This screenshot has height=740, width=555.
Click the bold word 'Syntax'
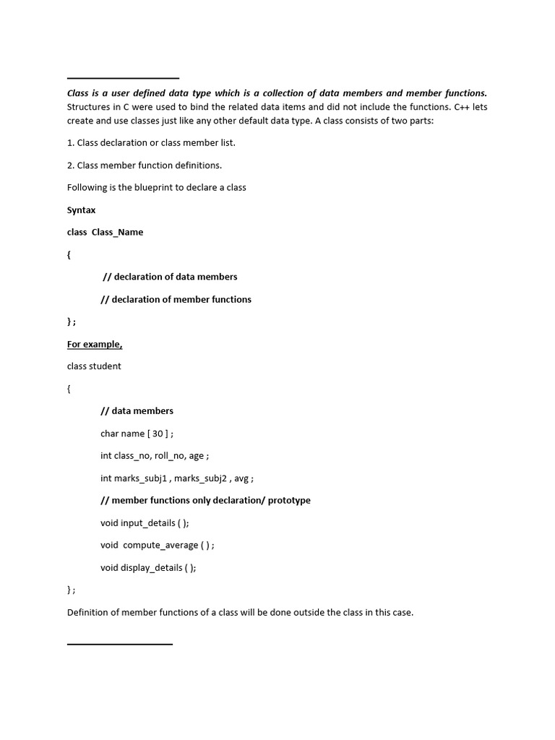pos(81,210)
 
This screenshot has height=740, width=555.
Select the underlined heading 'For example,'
pos(95,344)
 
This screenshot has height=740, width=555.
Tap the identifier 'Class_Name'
pos(117,232)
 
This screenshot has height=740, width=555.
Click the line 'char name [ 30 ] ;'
pos(137,433)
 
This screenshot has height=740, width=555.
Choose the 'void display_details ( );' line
pos(148,567)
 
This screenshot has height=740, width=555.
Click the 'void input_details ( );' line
pos(145,522)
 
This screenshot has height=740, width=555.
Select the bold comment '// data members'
pos(137,410)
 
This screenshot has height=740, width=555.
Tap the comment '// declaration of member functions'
pos(176,299)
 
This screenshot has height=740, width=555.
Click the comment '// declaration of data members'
pos(171,277)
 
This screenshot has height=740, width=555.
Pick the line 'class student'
pos(94,366)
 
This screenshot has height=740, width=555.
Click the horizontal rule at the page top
pos(123,78)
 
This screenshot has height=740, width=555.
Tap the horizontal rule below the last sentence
pos(120,643)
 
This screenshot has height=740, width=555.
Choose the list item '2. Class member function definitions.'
pos(145,165)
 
